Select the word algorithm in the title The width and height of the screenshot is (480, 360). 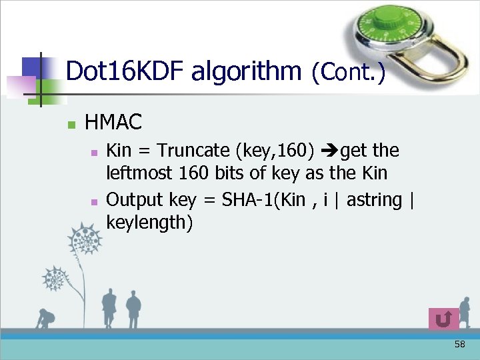[x=246, y=71]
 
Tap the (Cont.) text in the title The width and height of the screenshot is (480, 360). [x=348, y=72]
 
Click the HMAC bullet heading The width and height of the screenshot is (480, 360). [x=113, y=123]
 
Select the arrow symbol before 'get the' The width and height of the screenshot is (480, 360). [x=331, y=151]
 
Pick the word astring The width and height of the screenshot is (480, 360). [x=374, y=199]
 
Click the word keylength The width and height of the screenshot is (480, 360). [x=149, y=223]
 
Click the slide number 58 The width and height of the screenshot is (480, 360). [x=459, y=344]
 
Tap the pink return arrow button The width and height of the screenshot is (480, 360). [x=443, y=319]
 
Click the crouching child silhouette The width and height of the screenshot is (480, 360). [x=45, y=319]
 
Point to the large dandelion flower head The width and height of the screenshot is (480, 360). [x=85, y=241]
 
